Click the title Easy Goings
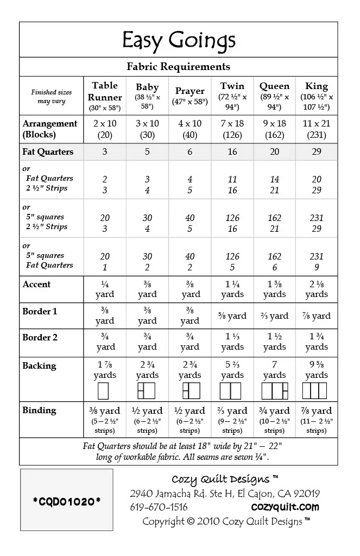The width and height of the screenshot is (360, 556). [x=179, y=41]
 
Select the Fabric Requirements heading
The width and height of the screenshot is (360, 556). [x=179, y=67]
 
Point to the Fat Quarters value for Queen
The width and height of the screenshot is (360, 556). [x=275, y=152]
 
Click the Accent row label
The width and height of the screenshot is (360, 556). [x=36, y=284]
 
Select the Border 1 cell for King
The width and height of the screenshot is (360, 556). [x=317, y=315]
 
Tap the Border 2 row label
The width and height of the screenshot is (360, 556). [x=40, y=337]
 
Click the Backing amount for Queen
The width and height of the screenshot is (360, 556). [x=275, y=370]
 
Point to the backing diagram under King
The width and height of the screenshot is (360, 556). [x=317, y=391]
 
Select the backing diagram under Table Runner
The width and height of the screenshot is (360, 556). [x=103, y=391]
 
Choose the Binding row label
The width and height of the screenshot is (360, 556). [x=39, y=410]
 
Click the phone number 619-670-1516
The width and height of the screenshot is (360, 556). [x=159, y=507]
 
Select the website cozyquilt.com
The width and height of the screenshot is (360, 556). [x=285, y=507]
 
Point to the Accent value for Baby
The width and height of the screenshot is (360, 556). [x=148, y=289]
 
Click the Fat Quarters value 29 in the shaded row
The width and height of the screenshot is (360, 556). [x=317, y=152]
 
